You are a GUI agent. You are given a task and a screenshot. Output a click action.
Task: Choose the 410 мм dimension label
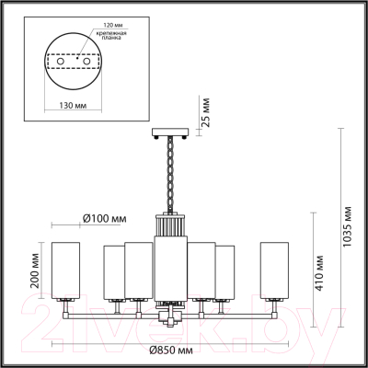(x=319, y=270)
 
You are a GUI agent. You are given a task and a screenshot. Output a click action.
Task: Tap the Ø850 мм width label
(x=169, y=351)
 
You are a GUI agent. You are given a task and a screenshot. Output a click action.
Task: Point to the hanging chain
(x=168, y=175)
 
